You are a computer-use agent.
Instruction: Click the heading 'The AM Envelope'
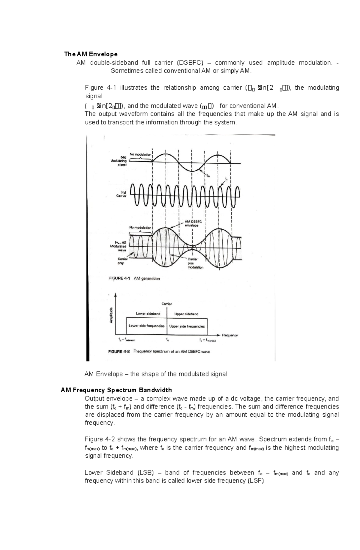[x=91, y=54]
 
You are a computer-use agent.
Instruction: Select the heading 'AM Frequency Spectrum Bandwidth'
[x=116, y=390]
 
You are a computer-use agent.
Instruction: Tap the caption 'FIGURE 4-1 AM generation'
[x=134, y=278]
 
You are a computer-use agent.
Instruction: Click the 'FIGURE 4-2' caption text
[x=119, y=352]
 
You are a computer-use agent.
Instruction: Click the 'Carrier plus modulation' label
[x=195, y=263]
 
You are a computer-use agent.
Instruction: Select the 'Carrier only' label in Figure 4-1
[x=122, y=261]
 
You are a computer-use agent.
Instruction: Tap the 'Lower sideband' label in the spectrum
[x=148, y=314]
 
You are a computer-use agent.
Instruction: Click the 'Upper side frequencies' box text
[x=187, y=326]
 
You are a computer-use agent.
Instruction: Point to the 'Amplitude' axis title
[x=111, y=315]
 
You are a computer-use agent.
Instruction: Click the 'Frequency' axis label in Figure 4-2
[x=229, y=335]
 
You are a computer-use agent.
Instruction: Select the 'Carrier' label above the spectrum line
[x=167, y=304]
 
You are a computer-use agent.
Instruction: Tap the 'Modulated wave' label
[x=118, y=246]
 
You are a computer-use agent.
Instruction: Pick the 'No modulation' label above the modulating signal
[x=140, y=154]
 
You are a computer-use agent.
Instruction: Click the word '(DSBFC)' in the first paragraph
[x=190, y=63]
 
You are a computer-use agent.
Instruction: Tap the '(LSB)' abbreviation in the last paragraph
[x=145, y=473]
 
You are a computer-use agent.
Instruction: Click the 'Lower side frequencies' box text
[x=146, y=326]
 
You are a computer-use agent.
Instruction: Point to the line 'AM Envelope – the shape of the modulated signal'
[x=156, y=374]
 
